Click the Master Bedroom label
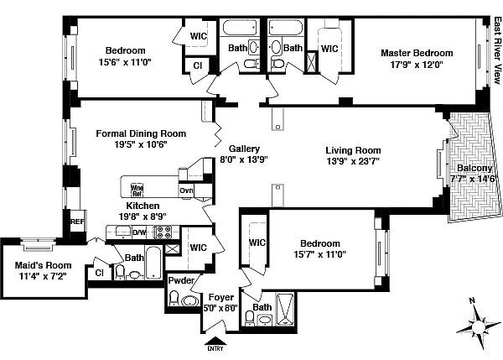417,52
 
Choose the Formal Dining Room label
141,133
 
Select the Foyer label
221,296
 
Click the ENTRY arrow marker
215,342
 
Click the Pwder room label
181,280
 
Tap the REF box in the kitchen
78,222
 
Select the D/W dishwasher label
139,232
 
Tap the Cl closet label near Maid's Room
99,272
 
